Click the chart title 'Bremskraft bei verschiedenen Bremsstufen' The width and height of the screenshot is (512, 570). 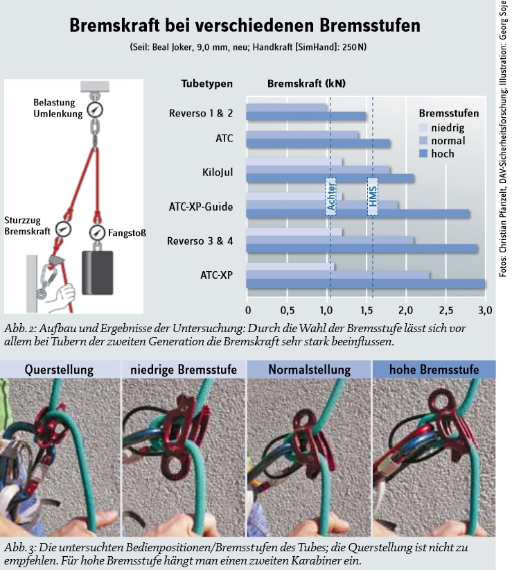pyautogui.click(x=244, y=26)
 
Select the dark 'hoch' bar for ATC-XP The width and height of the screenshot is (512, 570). pyautogui.click(x=365, y=284)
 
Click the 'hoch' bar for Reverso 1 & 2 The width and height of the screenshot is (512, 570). pyautogui.click(x=306, y=116)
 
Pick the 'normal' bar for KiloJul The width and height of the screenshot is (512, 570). pyautogui.click(x=318, y=170)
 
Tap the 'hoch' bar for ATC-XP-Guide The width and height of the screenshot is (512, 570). pyautogui.click(x=357, y=214)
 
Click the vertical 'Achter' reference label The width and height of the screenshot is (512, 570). pyautogui.click(x=331, y=196)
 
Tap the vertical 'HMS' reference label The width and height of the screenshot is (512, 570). pyautogui.click(x=373, y=196)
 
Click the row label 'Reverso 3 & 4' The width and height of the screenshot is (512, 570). pyautogui.click(x=200, y=241)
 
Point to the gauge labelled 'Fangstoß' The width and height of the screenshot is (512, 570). pyautogui.click(x=96, y=232)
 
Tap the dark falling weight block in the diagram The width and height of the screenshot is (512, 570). pyautogui.click(x=96, y=274)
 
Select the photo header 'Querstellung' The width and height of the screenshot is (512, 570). pyautogui.click(x=61, y=370)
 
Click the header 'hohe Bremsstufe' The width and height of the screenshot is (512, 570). pyautogui.click(x=434, y=370)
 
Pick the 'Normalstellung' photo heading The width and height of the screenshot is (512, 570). pyautogui.click(x=308, y=370)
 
